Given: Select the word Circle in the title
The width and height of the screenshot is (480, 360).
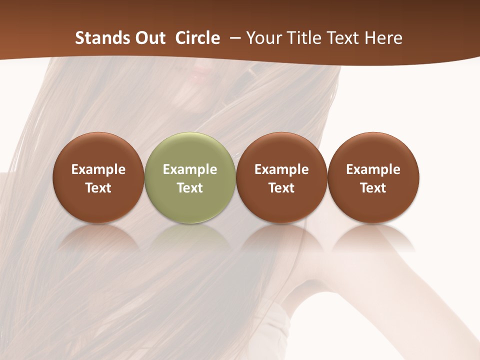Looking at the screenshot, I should [x=197, y=38].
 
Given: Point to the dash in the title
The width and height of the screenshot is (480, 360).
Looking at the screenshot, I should [x=233, y=38].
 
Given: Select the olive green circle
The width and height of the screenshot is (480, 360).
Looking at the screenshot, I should [x=190, y=150].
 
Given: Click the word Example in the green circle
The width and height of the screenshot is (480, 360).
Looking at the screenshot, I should [x=190, y=169].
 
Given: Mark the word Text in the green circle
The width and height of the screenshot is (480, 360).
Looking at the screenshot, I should [x=190, y=188].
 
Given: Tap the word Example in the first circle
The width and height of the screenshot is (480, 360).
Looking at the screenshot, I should [x=98, y=169].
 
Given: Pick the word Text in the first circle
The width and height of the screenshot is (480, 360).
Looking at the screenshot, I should [x=98, y=188].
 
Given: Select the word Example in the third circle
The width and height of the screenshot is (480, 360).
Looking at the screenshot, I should [x=281, y=169].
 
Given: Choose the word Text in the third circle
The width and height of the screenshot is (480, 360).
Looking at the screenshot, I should [x=281, y=188].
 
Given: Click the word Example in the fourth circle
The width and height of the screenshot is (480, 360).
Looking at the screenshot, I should [x=373, y=169].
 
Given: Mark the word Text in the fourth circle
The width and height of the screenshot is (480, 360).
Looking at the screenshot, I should [x=373, y=188].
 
